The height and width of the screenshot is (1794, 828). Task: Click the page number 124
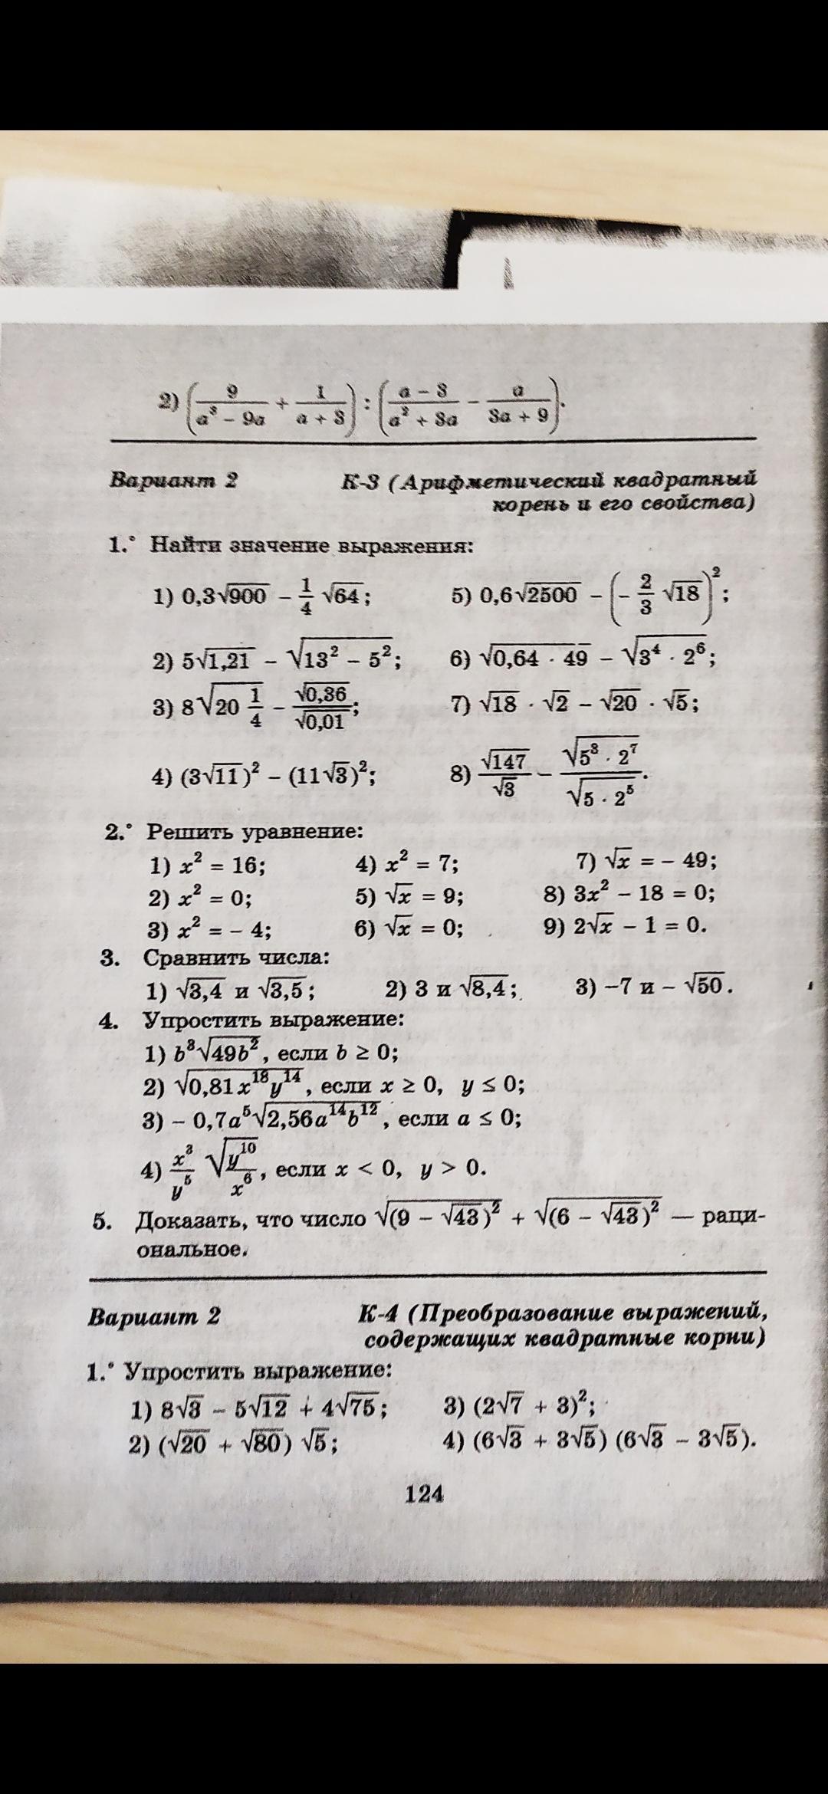426,1493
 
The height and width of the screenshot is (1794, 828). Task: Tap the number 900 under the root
247,596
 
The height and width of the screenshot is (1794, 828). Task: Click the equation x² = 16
209,866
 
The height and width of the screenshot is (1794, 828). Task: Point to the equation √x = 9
410,896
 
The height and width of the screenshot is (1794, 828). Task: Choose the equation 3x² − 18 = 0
629,894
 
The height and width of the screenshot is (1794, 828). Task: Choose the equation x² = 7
407,865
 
